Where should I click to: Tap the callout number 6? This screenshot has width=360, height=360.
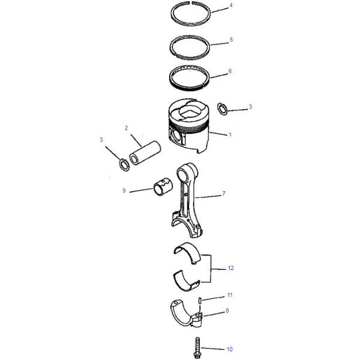coord(231,71)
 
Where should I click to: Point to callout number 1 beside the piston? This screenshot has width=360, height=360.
coord(230,135)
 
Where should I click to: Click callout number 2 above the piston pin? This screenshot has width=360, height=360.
coord(126,128)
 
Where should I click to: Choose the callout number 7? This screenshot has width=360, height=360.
coord(223,194)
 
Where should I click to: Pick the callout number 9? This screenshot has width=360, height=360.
coord(124,191)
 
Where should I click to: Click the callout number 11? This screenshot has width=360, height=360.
coord(230,296)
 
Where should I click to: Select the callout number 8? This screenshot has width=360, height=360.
coord(227,311)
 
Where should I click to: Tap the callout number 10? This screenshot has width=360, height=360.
coord(229,348)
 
